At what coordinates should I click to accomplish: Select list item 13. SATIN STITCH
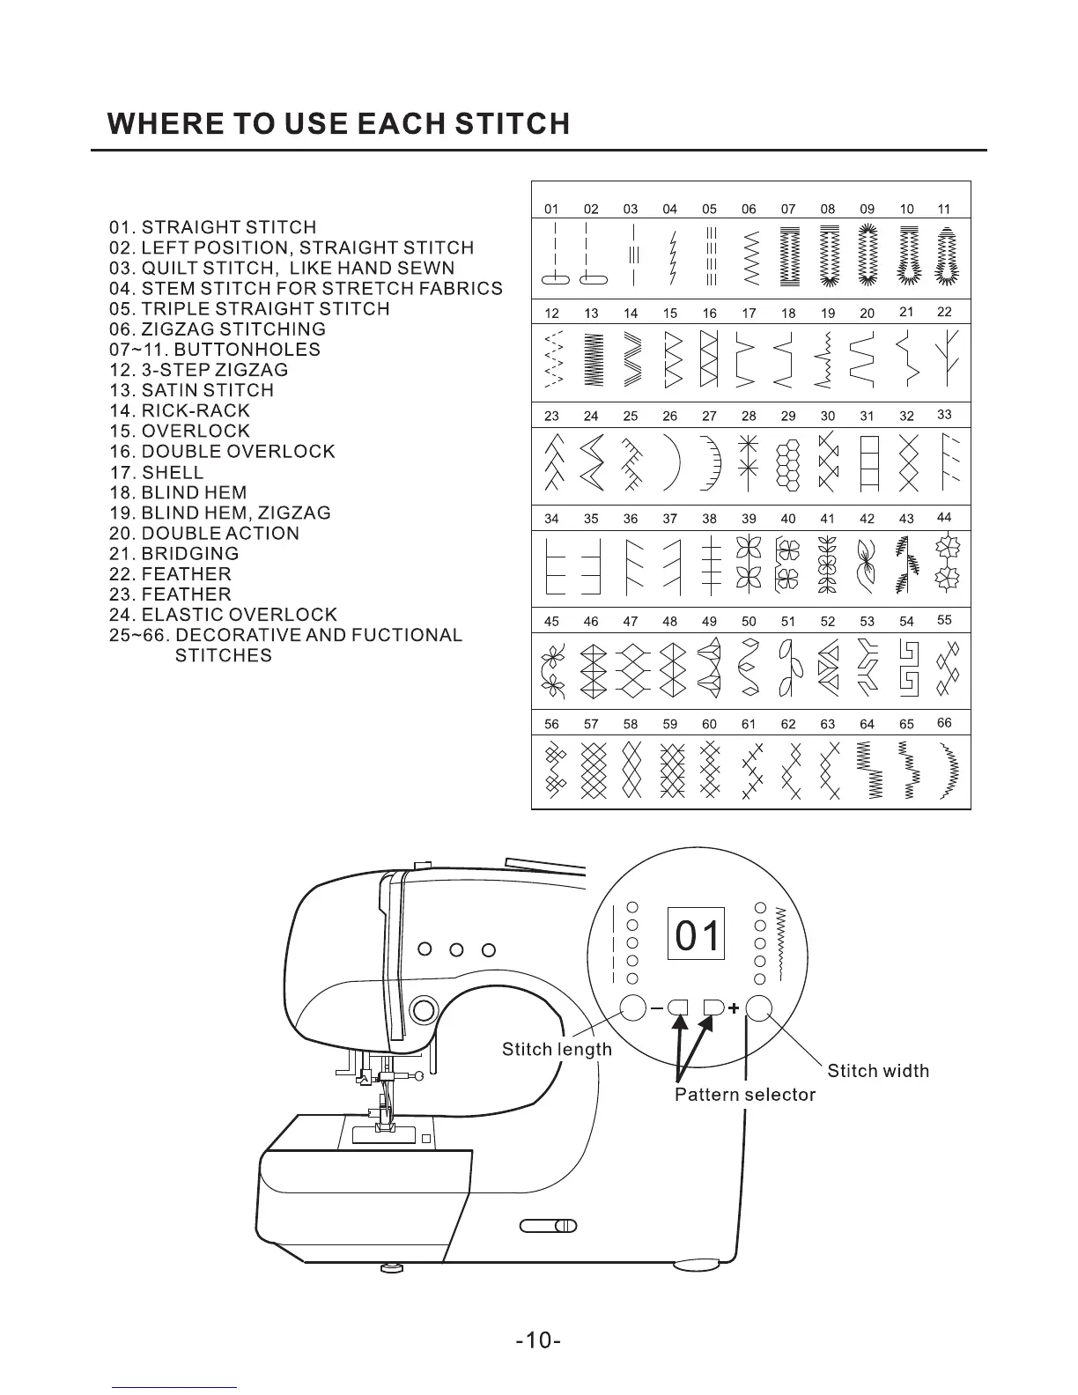[191, 390]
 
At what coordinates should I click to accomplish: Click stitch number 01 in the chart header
[551, 210]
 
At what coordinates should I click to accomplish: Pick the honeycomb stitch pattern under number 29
[788, 464]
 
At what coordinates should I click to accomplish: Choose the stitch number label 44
[944, 517]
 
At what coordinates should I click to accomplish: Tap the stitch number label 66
[944, 723]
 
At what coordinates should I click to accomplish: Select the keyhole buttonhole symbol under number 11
[946, 256]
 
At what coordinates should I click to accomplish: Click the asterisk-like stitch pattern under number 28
[748, 461]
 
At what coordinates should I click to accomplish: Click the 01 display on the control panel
[697, 934]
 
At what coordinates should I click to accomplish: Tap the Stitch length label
[557, 1049]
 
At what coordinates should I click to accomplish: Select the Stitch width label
[878, 1071]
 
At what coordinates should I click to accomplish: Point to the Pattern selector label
[745, 1095]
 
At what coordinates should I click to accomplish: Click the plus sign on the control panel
[733, 1008]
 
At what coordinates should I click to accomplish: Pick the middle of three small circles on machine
[457, 949]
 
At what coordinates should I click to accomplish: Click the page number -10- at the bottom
[539, 1341]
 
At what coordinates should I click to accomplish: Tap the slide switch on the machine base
[548, 1225]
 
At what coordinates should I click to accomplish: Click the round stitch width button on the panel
[760, 1008]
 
